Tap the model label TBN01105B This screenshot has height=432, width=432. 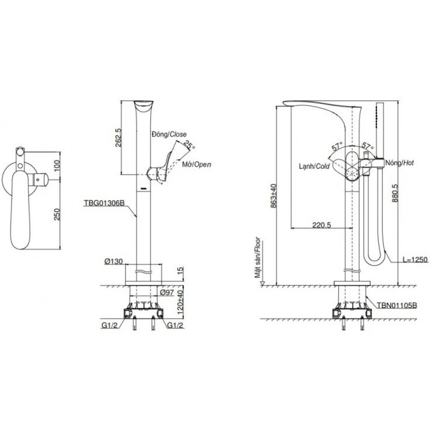[397, 305]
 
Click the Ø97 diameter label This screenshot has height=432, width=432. [167, 292]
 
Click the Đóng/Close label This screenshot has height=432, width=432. [169, 134]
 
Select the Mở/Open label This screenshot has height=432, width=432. [197, 164]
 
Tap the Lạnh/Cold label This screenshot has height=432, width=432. [314, 166]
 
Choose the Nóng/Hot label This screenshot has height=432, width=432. [400, 163]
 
